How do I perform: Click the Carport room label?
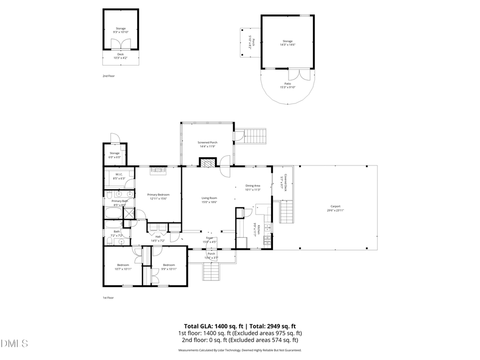coord(335,209)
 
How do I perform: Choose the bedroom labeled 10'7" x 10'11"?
coord(123,267)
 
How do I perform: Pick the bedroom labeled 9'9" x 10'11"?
coord(169,267)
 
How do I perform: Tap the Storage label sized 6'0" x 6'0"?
coord(115,155)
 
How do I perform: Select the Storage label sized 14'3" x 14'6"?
coord(287,43)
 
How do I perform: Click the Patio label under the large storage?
coord(287,85)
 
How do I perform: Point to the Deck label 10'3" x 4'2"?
coord(121,55)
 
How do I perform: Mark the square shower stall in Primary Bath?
coord(129,213)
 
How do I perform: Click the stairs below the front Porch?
coord(212,273)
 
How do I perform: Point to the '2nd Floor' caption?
coord(109,76)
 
